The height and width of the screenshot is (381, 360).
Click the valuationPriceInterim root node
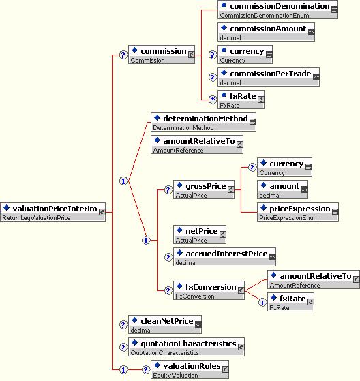click(52, 212)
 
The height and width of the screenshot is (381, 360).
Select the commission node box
click(162, 55)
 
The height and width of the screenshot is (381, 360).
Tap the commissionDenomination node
click(277, 10)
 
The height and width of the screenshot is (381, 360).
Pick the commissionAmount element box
click(266, 32)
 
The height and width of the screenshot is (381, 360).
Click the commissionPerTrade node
click(269, 77)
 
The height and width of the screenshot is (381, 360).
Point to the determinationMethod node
click(203, 122)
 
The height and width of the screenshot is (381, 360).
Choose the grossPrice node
click(204, 189)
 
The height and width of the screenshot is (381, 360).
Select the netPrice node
click(200, 234)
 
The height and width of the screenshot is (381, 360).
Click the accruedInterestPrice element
click(224, 257)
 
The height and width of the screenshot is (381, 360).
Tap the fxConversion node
click(209, 290)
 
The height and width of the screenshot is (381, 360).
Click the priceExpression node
click(298, 212)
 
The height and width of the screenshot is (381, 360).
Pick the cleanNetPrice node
click(165, 324)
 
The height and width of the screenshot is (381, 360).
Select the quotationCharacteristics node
click(186, 347)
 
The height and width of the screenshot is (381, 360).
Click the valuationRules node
click(190, 369)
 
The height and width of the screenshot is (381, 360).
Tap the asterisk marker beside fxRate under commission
click(213, 100)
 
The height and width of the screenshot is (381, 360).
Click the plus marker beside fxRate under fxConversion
click(262, 303)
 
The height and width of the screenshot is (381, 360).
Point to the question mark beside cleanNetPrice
click(123, 324)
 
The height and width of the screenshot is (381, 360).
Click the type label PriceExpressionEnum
click(289, 217)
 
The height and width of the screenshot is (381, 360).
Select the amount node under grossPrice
click(282, 189)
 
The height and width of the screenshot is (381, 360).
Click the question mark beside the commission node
click(123, 55)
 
